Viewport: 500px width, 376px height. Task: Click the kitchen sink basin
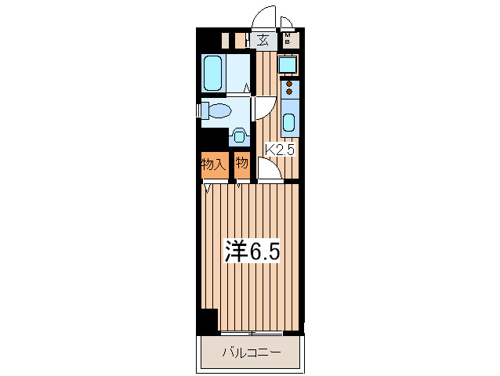click(x=288, y=123)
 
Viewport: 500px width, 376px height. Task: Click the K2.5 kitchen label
click(x=280, y=150)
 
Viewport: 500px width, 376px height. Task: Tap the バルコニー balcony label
click(x=250, y=352)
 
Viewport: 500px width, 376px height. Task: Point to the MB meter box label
click(x=288, y=38)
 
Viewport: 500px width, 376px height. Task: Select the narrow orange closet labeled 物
click(x=242, y=164)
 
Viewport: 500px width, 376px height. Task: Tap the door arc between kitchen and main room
click(x=268, y=168)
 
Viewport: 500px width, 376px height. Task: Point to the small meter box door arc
click(x=287, y=22)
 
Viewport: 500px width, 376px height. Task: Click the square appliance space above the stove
click(x=288, y=65)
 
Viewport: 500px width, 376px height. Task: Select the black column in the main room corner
click(x=208, y=321)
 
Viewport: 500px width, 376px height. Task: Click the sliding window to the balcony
click(x=252, y=333)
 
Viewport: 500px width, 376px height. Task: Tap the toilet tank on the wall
click(x=204, y=110)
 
